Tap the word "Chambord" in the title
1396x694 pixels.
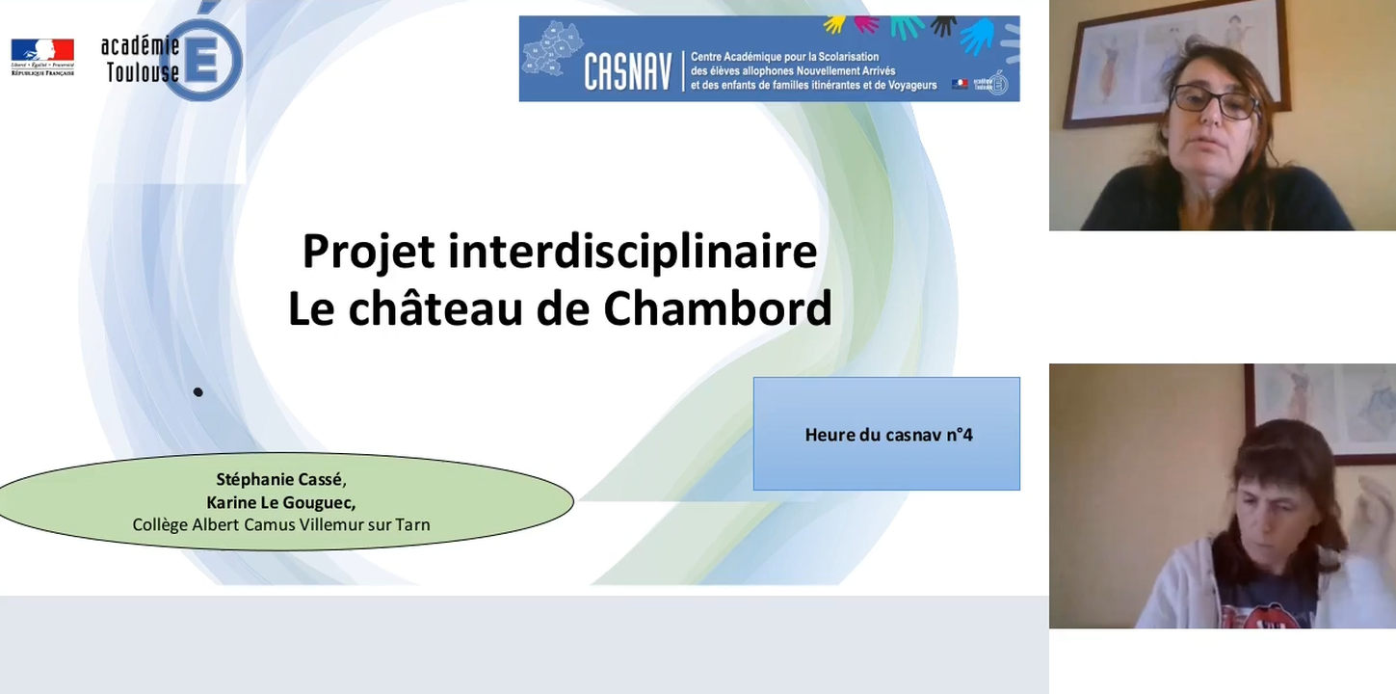click(x=717, y=308)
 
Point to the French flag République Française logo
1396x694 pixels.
click(x=42, y=56)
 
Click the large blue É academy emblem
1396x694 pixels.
click(x=206, y=60)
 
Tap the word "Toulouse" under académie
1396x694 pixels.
click(x=142, y=72)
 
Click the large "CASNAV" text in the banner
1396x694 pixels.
click(x=627, y=72)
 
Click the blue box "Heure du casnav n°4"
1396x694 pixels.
click(x=886, y=434)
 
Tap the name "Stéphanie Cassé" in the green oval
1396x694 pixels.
click(x=279, y=479)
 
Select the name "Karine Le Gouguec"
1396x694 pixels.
click(x=280, y=502)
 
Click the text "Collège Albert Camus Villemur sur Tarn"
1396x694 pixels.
click(x=280, y=525)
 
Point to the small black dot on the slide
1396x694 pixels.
click(x=198, y=391)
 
